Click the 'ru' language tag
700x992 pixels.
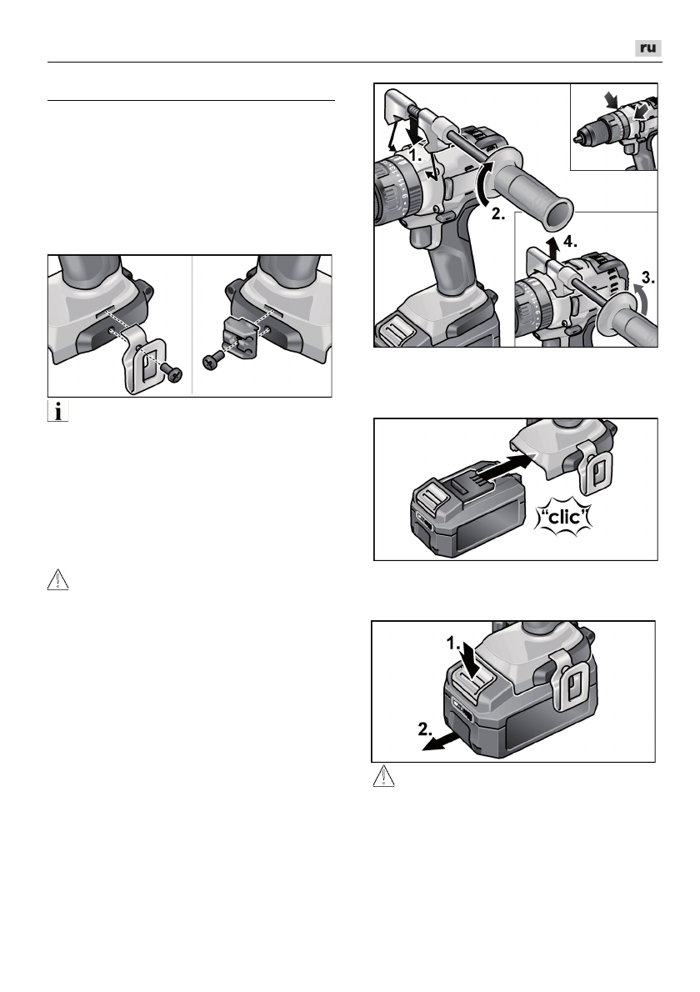[x=648, y=48]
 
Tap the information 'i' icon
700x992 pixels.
[x=57, y=411]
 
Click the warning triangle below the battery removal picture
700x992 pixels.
[x=383, y=776]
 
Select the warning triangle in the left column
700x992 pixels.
[x=57, y=579]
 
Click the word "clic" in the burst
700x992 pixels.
[x=564, y=517]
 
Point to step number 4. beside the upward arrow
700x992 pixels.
[x=570, y=241]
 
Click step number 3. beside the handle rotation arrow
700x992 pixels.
[x=647, y=277]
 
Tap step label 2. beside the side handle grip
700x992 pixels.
[x=498, y=214]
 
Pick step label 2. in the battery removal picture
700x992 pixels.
[x=426, y=729]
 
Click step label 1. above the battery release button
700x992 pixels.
[x=454, y=644]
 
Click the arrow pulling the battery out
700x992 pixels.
[x=442, y=741]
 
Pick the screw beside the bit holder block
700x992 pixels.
[x=212, y=362]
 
